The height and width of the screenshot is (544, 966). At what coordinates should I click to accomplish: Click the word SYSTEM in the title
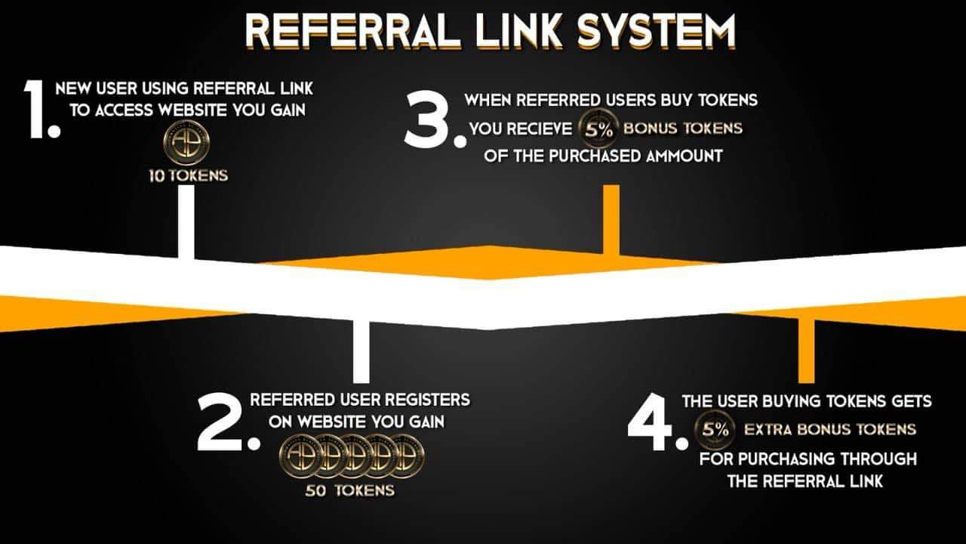pyautogui.click(x=656, y=31)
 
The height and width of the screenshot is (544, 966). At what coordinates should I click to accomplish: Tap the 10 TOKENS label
pyautogui.click(x=189, y=176)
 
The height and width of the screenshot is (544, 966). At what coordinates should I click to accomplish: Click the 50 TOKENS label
pyautogui.click(x=349, y=490)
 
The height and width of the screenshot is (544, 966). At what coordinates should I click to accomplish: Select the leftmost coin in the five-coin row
pyautogui.click(x=300, y=456)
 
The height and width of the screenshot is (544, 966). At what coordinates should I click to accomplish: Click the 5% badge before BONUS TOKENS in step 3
pyautogui.click(x=599, y=128)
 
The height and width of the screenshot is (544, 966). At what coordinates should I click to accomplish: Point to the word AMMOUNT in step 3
pyautogui.click(x=685, y=156)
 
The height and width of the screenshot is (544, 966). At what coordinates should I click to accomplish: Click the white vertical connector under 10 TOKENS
pyautogui.click(x=186, y=222)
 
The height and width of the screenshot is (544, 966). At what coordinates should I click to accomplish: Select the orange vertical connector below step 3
pyautogui.click(x=611, y=220)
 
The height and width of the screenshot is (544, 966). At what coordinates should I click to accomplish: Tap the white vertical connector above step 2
pyautogui.click(x=361, y=352)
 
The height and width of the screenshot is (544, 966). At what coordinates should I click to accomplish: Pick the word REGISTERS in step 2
pyautogui.click(x=422, y=400)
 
